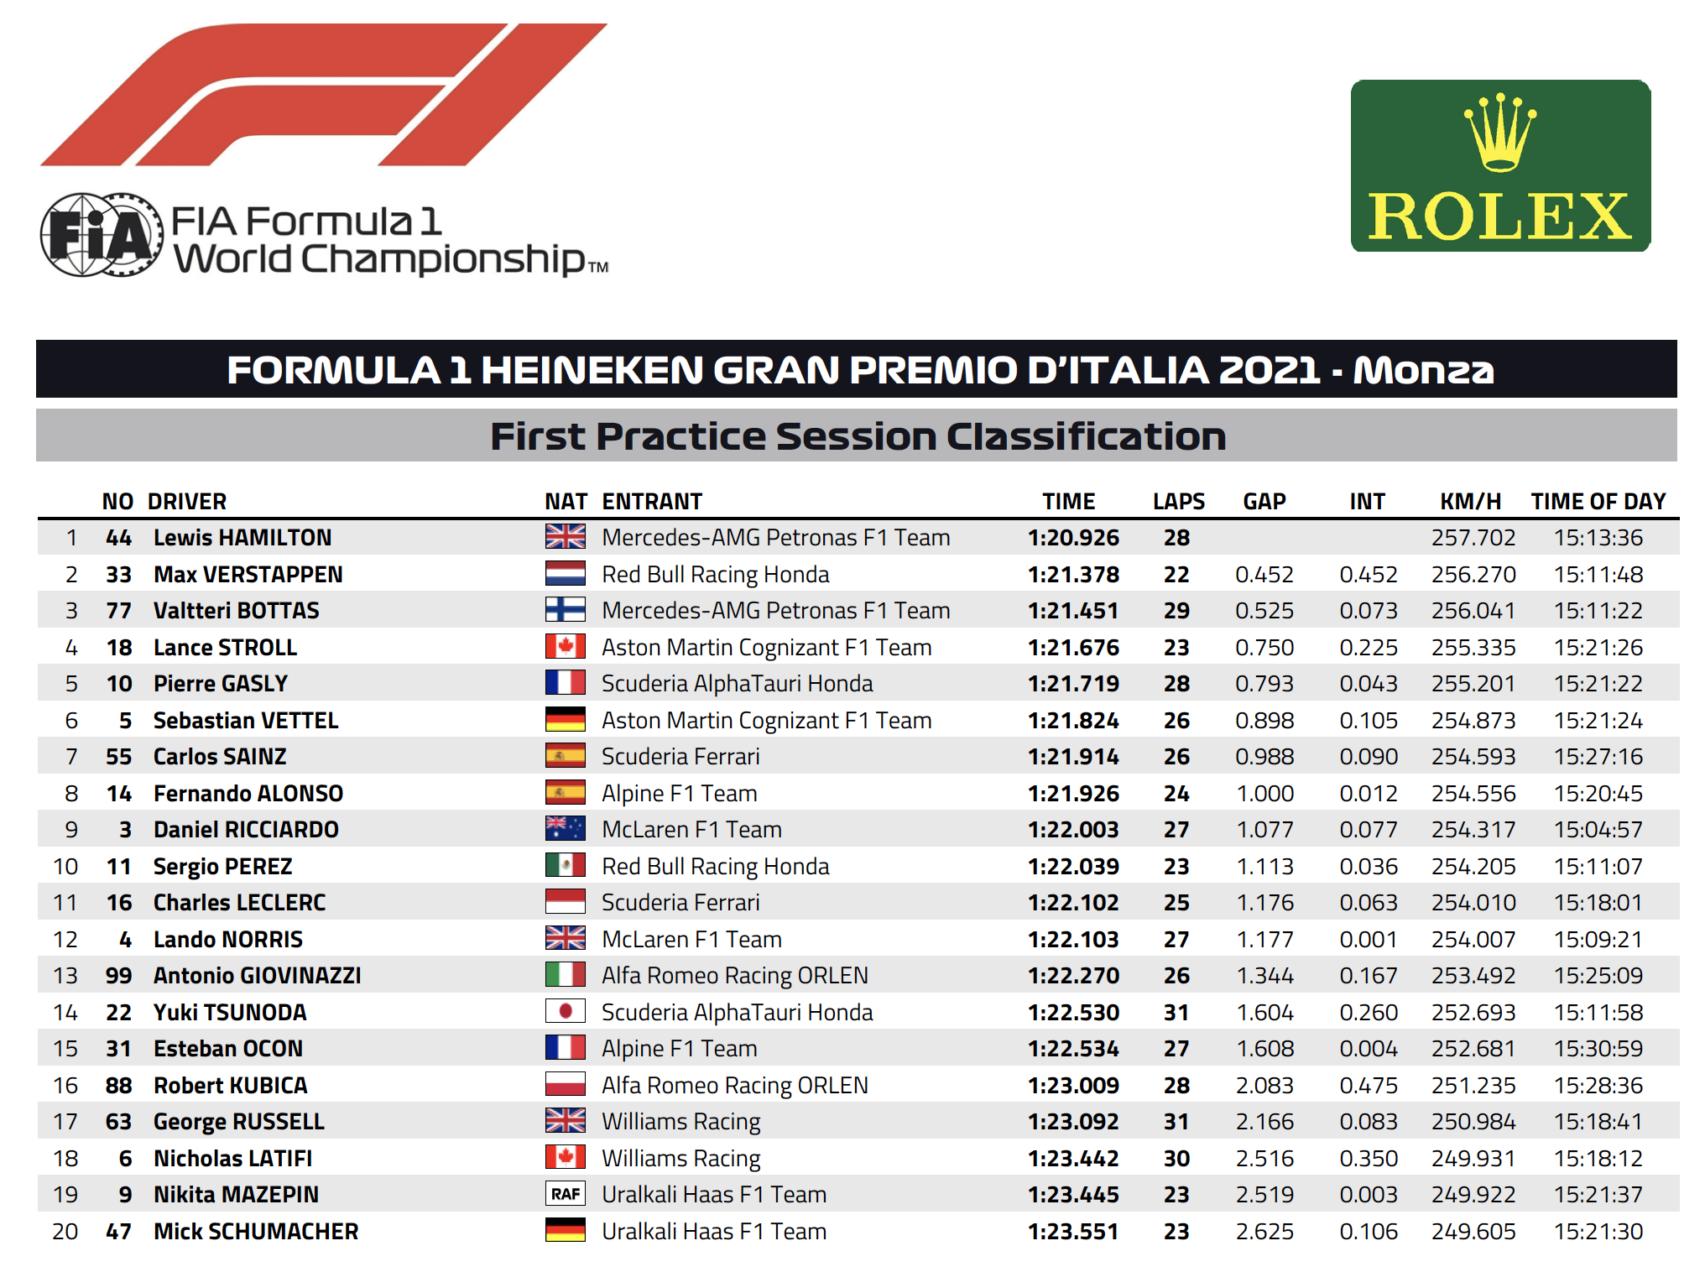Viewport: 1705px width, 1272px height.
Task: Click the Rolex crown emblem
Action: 1500,132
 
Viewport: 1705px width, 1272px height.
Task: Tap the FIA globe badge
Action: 102,235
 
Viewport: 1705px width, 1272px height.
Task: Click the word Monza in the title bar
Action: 1424,370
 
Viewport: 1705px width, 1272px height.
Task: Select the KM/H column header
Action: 1470,501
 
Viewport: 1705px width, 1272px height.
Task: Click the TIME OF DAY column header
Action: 1598,501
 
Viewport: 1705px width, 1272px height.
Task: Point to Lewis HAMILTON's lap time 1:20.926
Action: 1073,538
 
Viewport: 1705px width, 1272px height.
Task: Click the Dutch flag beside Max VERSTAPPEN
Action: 566,574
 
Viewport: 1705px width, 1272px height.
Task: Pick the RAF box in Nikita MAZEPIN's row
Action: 566,1194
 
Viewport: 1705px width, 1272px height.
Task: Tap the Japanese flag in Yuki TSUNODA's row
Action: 566,1012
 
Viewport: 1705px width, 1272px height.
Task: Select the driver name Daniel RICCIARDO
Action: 246,830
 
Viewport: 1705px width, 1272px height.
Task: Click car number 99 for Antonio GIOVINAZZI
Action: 118,976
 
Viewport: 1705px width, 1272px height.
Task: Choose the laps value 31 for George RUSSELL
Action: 1176,1122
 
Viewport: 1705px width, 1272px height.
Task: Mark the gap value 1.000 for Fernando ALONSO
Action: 1264,794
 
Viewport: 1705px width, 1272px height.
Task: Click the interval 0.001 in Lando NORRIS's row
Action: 1369,940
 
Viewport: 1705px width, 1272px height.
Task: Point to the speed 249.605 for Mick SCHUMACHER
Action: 1473,1232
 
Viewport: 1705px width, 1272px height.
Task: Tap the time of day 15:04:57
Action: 1598,830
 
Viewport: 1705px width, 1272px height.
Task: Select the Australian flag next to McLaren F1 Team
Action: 566,829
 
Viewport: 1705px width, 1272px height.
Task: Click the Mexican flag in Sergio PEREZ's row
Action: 566,866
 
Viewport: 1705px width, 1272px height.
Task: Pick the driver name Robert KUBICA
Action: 230,1086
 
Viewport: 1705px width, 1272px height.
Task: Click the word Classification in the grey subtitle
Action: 1086,436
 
